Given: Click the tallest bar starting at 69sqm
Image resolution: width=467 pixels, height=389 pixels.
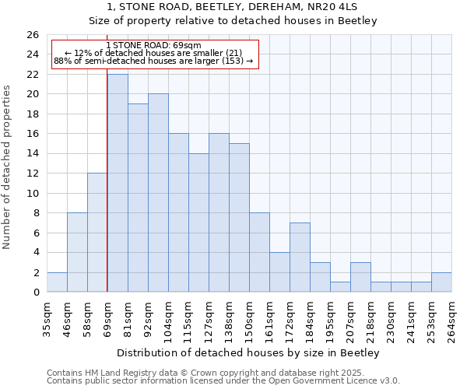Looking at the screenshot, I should [118, 183].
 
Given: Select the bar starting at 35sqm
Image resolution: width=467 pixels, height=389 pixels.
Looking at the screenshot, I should [57, 282].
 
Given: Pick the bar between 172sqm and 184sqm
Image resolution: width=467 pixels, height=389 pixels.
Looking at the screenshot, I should [300, 258].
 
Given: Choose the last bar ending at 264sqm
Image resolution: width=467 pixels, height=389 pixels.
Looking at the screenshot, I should [441, 282].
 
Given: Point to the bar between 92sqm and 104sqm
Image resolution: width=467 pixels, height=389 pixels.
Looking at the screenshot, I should [158, 193].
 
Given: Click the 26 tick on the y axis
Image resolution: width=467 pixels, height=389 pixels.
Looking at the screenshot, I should [32, 35].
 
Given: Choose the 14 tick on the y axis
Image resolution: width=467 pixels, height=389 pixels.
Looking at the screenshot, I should [32, 154].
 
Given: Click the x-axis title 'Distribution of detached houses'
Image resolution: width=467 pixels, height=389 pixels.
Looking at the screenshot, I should [247, 353].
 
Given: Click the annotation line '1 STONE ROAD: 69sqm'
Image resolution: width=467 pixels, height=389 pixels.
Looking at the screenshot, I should [153, 45].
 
